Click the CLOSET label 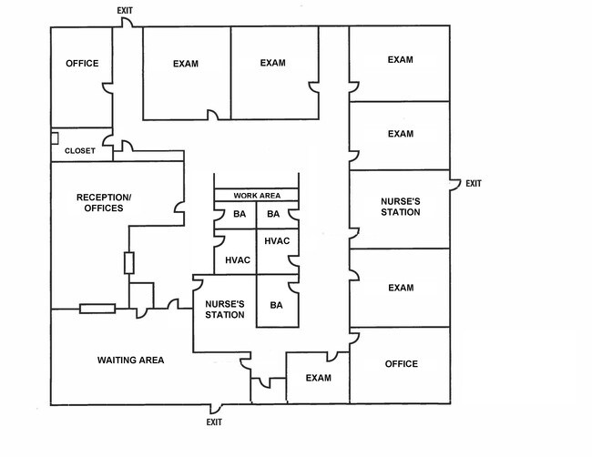[80, 151]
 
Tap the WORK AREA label [257, 195]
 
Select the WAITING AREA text [130, 361]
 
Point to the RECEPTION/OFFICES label [104, 203]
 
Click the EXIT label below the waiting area [214, 422]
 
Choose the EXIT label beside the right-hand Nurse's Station [474, 184]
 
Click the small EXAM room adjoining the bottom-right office [318, 378]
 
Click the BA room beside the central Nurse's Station [277, 305]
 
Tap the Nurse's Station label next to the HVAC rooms [224, 310]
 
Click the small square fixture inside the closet [55, 138]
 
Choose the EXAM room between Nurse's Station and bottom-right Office [400, 288]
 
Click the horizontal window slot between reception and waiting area [97, 309]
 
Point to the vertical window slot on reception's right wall [129, 263]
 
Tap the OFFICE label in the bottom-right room [401, 364]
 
